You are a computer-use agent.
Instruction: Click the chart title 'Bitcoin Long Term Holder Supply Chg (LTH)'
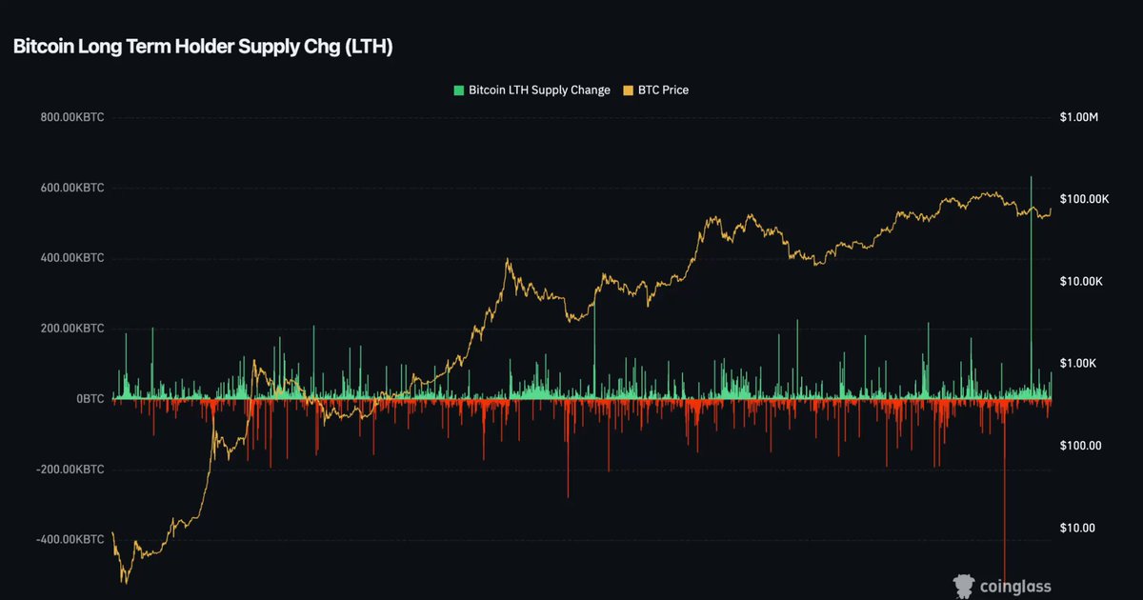203,47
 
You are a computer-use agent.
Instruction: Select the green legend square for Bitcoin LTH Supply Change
459,90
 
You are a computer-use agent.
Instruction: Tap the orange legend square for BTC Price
628,90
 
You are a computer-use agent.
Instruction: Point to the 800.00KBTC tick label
72,117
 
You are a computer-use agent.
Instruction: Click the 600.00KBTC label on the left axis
72,188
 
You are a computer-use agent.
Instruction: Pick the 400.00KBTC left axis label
72,258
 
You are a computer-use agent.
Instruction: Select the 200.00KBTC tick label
72,328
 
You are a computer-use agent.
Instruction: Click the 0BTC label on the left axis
90,398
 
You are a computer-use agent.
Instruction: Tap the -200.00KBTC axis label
70,469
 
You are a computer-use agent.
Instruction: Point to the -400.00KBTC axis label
70,539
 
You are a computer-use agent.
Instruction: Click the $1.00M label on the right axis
1078,117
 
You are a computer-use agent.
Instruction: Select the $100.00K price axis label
1084,199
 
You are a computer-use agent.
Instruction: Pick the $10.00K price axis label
1081,281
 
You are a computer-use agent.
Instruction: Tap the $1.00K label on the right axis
1077,363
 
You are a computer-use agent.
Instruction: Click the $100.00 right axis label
1081,446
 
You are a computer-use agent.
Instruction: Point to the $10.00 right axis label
1077,528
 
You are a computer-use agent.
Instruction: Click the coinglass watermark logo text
1015,587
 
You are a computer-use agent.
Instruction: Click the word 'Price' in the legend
675,90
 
